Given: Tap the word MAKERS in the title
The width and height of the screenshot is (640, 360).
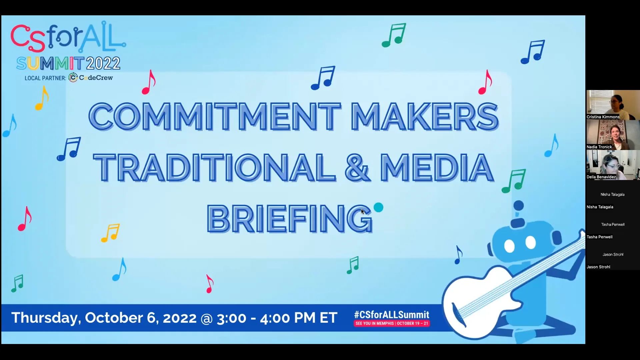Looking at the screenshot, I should click(x=424, y=116).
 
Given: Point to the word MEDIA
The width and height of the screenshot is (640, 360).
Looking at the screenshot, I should click(x=437, y=167).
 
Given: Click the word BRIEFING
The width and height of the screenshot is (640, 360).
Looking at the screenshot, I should click(x=289, y=219).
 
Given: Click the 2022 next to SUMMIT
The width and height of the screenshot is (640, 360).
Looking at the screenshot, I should click(x=103, y=63).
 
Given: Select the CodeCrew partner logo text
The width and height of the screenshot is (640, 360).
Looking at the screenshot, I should click(x=96, y=78).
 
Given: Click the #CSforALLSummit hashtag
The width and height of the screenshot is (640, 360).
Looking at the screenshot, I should click(x=392, y=315).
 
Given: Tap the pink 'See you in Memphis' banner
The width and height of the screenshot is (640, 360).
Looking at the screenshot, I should click(x=392, y=323).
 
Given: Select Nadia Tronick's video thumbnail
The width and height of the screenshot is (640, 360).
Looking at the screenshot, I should click(x=613, y=134).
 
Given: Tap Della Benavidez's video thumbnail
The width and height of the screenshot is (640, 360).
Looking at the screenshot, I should click(x=613, y=164).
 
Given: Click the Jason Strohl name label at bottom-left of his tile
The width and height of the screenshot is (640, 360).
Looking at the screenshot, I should click(x=598, y=267).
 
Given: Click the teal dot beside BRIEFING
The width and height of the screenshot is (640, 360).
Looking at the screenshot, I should click(x=378, y=208).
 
